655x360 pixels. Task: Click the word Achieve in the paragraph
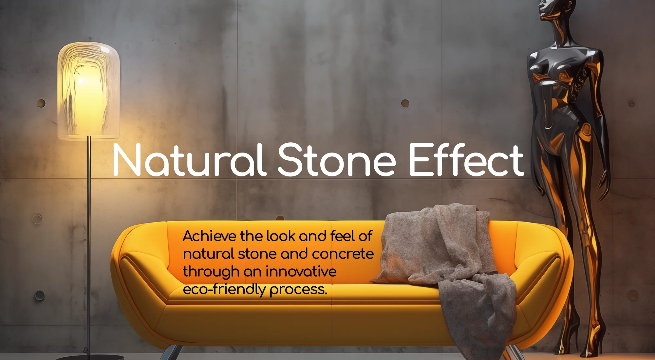coord(209,236)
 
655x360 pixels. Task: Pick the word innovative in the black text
coord(301,271)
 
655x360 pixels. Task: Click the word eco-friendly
coord(224,290)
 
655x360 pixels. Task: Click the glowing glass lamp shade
coord(88,90)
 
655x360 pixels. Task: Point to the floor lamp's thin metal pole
coord(88,245)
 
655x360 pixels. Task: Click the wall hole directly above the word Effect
coord(405,103)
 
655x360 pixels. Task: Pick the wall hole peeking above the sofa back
coord(280,218)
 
